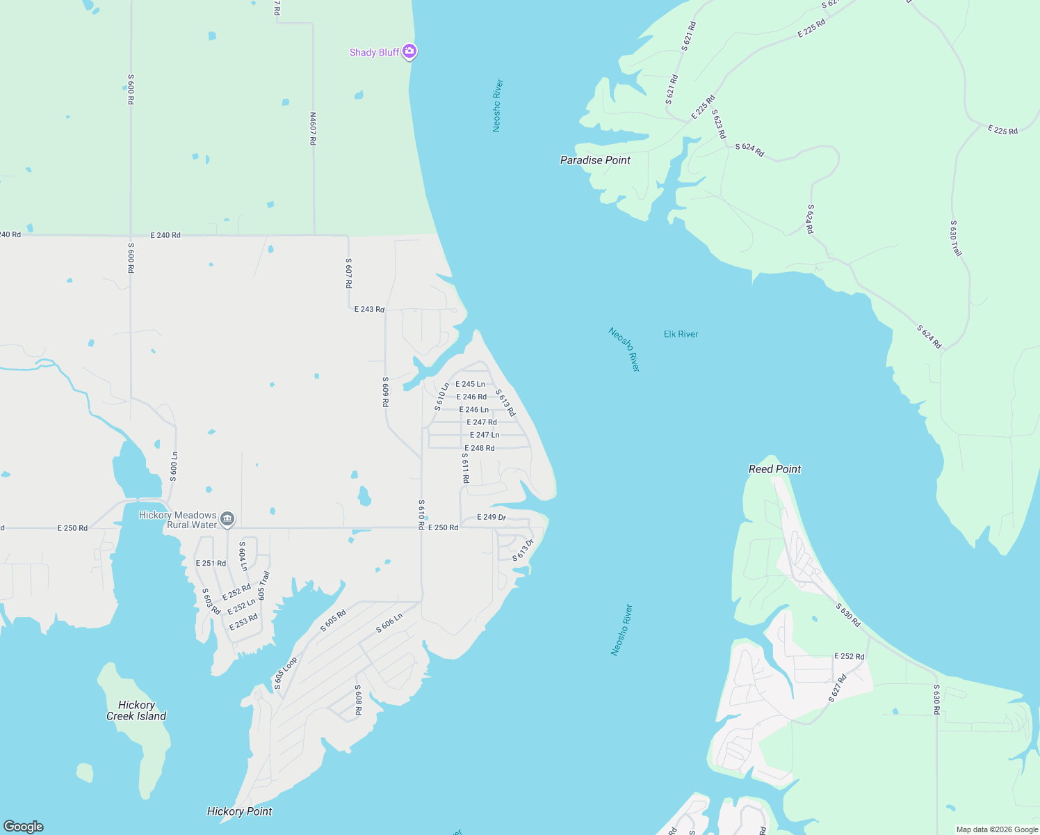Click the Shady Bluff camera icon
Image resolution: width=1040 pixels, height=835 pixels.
pyautogui.click(x=409, y=51)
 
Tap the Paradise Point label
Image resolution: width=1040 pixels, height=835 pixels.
pyautogui.click(x=595, y=160)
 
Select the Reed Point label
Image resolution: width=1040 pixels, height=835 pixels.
pyautogui.click(x=774, y=469)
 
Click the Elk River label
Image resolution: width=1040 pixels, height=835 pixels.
pyautogui.click(x=681, y=334)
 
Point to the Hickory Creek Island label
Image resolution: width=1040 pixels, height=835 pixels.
pyautogui.click(x=136, y=710)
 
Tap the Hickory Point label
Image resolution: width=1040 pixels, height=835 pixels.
pyautogui.click(x=239, y=811)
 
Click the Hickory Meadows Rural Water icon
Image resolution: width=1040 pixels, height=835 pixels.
pyautogui.click(x=227, y=519)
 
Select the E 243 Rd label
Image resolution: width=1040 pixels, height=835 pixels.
pyautogui.click(x=369, y=309)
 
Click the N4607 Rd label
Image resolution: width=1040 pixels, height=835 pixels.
pyautogui.click(x=313, y=129)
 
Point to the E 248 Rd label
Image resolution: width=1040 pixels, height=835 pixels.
pyautogui.click(x=480, y=448)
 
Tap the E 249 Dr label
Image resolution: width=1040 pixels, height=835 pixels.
pyautogui.click(x=491, y=517)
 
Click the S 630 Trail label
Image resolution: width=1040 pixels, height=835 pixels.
pyautogui.click(x=956, y=238)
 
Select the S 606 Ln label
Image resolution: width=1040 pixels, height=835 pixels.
pyautogui.click(x=389, y=623)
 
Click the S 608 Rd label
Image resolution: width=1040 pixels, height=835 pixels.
pyautogui.click(x=358, y=700)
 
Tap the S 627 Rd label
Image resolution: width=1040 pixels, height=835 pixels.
pyautogui.click(x=838, y=688)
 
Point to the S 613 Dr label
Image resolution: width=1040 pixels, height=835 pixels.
pyautogui.click(x=523, y=550)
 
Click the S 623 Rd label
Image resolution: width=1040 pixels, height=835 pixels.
pyautogui.click(x=719, y=124)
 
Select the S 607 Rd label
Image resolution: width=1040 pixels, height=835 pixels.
pyautogui.click(x=348, y=273)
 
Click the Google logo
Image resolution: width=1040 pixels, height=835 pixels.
pyautogui.click(x=24, y=827)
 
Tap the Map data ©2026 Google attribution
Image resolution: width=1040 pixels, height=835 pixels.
pyautogui.click(x=997, y=829)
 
